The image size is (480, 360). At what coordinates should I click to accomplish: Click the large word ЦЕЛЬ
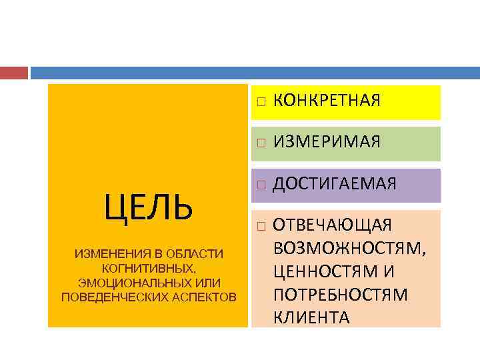[x=148, y=207]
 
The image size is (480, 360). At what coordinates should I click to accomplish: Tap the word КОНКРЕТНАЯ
[x=327, y=101]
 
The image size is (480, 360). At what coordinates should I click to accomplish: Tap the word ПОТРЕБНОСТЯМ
[x=340, y=294]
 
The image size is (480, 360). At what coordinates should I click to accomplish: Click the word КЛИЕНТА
[x=311, y=317]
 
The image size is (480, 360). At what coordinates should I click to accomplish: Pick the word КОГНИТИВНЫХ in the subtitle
[x=148, y=269]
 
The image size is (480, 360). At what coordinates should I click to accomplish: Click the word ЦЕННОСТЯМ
[x=329, y=271]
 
